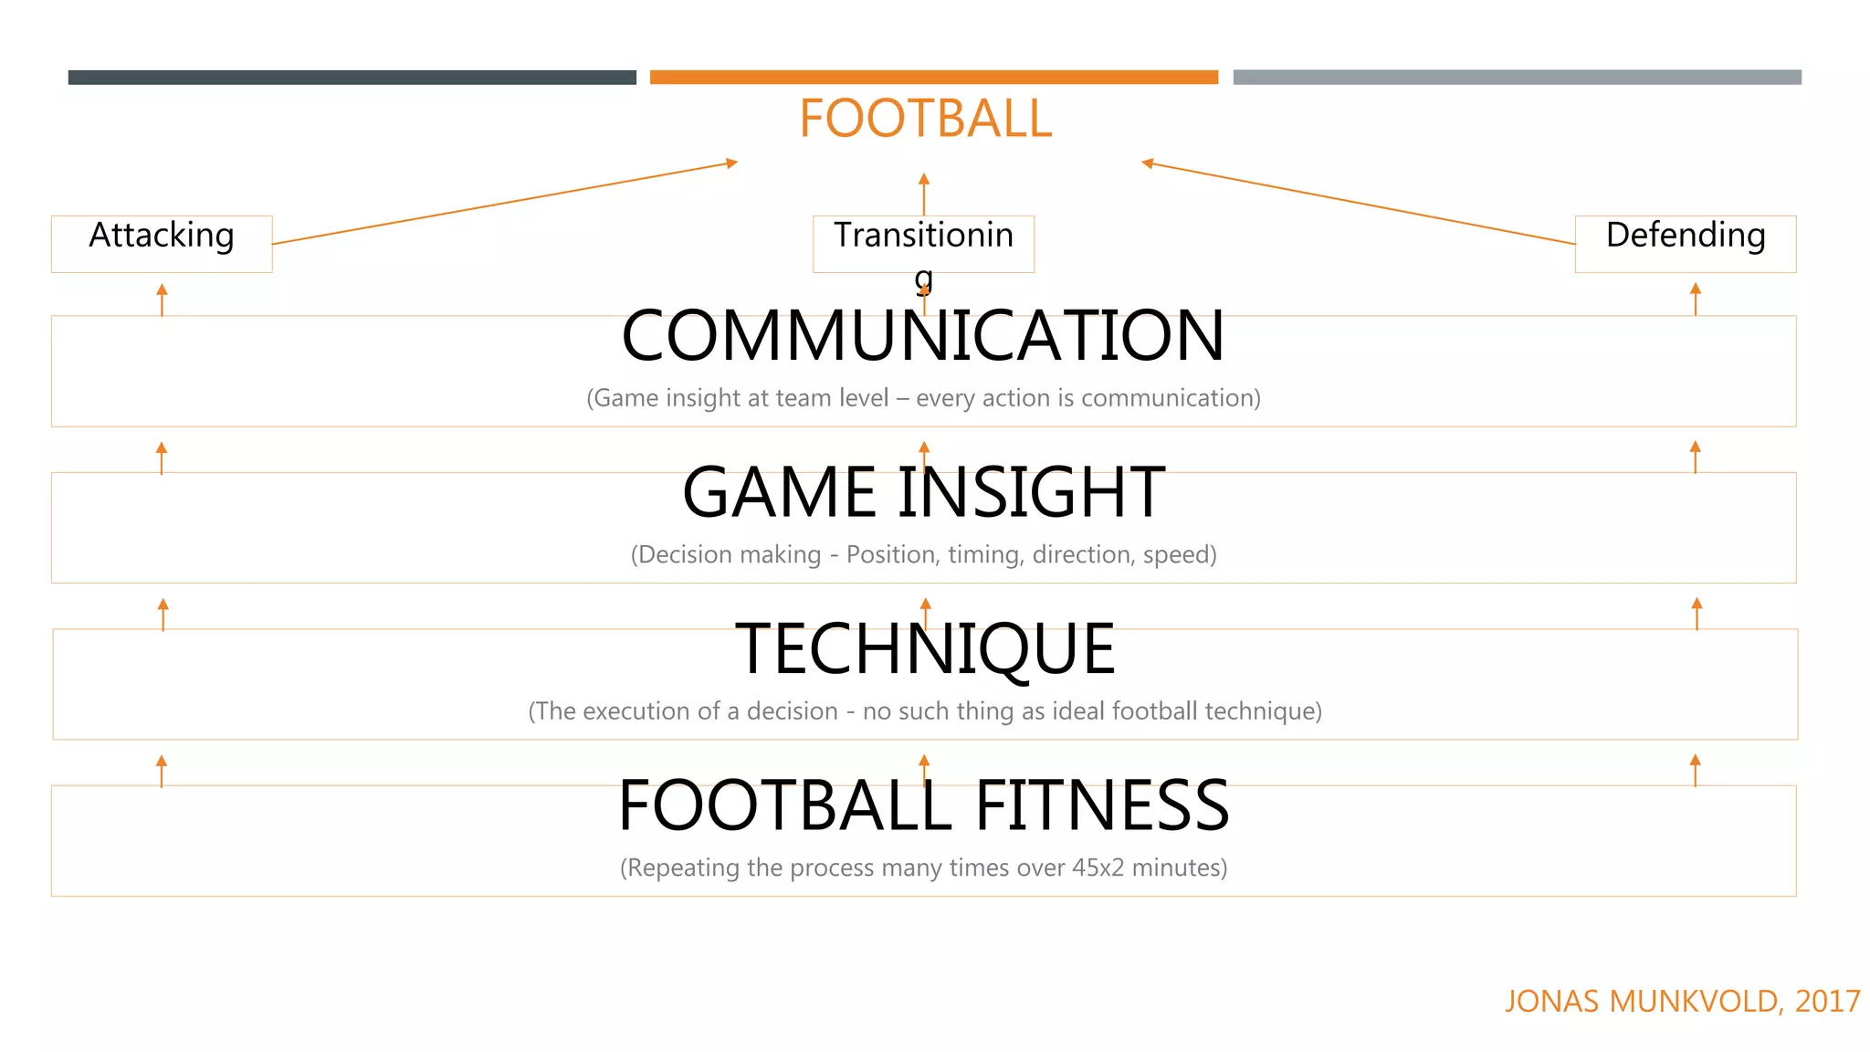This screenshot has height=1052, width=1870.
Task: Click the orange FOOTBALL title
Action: click(x=925, y=119)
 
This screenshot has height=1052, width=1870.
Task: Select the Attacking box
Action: click(x=162, y=243)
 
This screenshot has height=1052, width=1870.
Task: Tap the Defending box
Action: click(x=1685, y=243)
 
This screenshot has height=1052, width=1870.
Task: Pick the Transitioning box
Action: click(x=923, y=243)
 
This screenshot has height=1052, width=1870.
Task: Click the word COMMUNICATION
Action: click(x=922, y=336)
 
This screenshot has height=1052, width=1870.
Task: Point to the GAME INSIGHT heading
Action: click(x=923, y=492)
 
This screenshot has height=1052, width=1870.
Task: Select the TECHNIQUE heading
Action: click(x=925, y=649)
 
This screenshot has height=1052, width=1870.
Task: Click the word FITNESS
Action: click(x=1102, y=805)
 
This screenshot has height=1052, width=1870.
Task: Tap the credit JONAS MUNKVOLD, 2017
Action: click(x=1682, y=1001)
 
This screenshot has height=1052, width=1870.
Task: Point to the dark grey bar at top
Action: click(x=352, y=78)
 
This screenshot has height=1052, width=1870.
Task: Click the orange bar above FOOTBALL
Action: click(x=933, y=78)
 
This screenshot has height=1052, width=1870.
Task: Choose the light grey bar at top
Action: click(x=1517, y=78)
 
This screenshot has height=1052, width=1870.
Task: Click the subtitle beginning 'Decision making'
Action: click(x=923, y=554)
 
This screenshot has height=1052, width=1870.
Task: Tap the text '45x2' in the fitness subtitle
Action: click(x=1098, y=868)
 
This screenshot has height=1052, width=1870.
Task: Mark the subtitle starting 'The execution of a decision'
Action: click(x=925, y=710)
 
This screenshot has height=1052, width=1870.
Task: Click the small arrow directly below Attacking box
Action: click(x=162, y=299)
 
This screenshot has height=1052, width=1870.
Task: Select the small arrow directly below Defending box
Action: click(x=1696, y=299)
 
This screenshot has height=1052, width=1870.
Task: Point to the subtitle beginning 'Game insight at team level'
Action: click(x=923, y=398)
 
